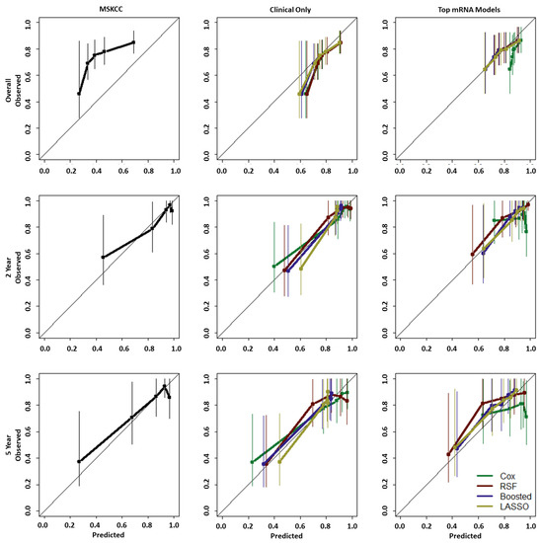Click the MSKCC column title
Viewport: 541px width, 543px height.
pos(111,9)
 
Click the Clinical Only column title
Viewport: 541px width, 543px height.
pos(290,10)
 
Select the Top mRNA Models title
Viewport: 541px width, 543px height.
pos(469,10)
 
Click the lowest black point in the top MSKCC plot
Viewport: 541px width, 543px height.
pos(79,94)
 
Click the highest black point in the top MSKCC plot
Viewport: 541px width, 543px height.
pos(133,42)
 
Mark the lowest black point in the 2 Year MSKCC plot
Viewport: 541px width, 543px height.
pos(103,257)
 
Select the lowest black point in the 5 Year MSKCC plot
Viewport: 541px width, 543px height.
pos(79,461)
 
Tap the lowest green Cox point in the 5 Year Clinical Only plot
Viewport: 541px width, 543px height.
pos(252,462)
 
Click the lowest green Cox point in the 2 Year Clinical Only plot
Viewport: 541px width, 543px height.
pos(274,266)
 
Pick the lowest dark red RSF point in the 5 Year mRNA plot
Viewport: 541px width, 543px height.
pos(448,454)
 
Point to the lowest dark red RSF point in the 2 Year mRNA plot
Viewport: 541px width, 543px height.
pos(472,254)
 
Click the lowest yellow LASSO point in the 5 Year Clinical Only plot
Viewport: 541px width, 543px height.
pos(279,462)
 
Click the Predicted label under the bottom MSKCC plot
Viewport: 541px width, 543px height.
pos(108,535)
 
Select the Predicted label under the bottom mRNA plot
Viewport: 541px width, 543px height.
pos(465,536)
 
